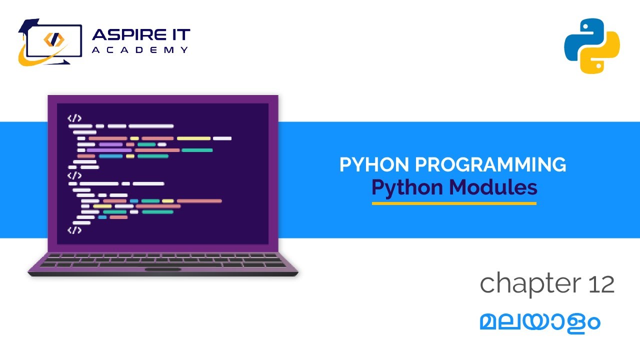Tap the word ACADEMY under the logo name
[140, 49]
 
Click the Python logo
[592, 45]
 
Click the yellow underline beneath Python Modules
[454, 203]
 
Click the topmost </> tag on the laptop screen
[74, 118]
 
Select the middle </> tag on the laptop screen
[74, 175]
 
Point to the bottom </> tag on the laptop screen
[74, 230]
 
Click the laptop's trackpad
[163, 269]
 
